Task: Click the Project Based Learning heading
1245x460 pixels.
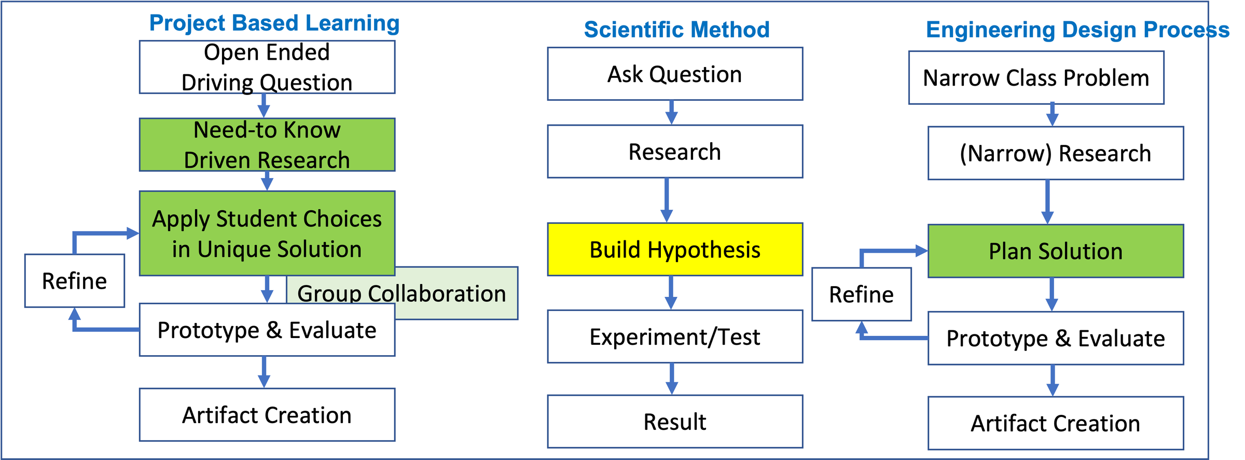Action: click(274, 23)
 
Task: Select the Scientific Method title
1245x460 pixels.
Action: click(676, 30)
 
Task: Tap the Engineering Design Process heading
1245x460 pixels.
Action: click(1077, 30)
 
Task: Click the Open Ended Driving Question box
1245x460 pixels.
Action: click(267, 67)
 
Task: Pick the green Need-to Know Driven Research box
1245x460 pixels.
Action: click(267, 145)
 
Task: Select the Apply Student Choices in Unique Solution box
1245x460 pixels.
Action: click(267, 233)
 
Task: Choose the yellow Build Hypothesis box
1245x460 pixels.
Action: click(675, 249)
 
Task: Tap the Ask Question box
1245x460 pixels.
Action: click(675, 74)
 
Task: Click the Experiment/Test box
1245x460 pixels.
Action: click(675, 336)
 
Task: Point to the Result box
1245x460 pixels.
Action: click(675, 422)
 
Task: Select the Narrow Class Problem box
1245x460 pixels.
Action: click(1036, 78)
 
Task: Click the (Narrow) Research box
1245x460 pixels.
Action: click(1056, 153)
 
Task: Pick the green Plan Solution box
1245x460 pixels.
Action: click(1056, 251)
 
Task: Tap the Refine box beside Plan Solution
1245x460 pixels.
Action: click(861, 294)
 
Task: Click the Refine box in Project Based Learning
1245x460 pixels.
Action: click(75, 281)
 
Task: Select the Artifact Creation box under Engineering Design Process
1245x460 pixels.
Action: click(1056, 423)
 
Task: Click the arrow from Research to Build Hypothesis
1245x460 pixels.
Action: click(667, 200)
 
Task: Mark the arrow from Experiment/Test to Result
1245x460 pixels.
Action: click(671, 379)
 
